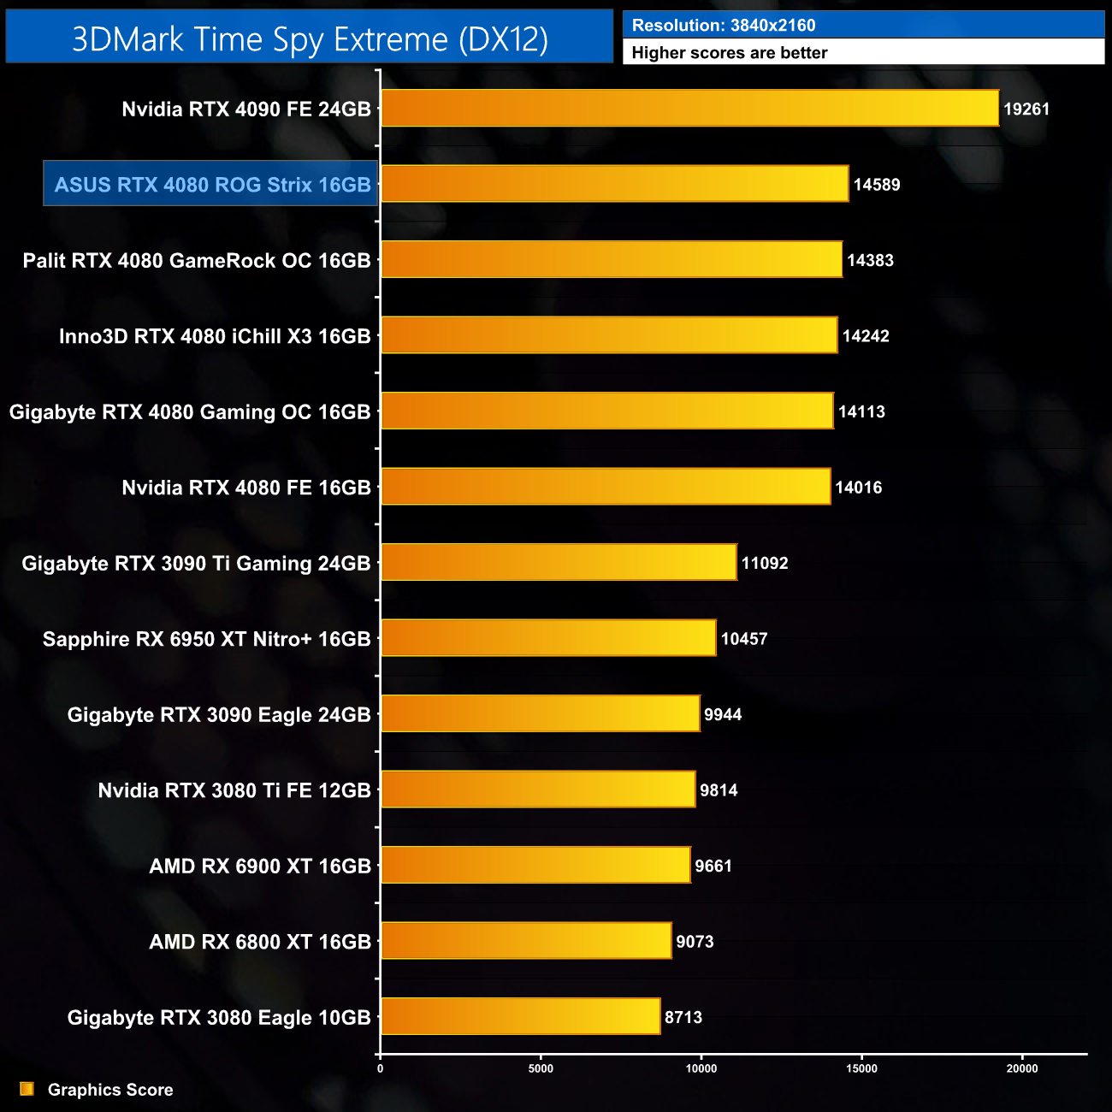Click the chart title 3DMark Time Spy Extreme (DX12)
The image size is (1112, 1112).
[310, 39]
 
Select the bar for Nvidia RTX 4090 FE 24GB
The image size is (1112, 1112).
[689, 109]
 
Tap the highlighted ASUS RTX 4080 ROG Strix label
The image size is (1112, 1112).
[212, 185]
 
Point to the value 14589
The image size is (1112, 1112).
[877, 185]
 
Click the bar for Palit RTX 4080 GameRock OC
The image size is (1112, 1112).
[611, 260]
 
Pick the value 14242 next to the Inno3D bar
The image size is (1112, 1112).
[866, 336]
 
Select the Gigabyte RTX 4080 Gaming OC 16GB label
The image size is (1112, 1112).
[190, 412]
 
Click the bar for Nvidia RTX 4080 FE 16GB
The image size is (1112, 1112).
[605, 488]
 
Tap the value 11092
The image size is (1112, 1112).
[765, 564]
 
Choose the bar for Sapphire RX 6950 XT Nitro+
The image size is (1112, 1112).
[547, 639]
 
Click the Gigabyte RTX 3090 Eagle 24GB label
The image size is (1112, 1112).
[219, 715]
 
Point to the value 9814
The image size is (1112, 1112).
[719, 790]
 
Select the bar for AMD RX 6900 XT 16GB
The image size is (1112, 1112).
[535, 866]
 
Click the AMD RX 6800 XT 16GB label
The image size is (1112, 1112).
[260, 942]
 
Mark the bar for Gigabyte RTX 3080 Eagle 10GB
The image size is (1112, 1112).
[520, 1017]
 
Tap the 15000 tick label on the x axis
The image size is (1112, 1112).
[861, 1068]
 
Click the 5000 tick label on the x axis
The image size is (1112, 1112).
[541, 1068]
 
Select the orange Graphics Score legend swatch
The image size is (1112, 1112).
[27, 1089]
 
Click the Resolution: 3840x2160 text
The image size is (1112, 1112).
[724, 26]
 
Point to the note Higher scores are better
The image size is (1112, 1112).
[730, 53]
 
